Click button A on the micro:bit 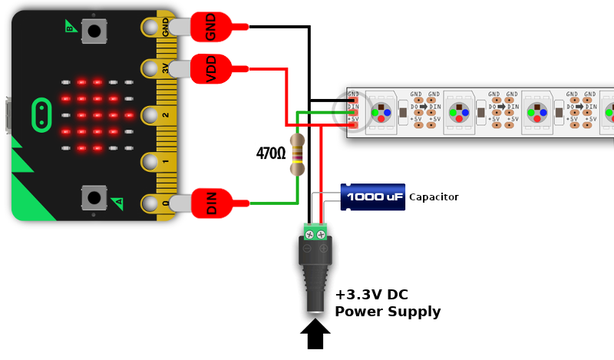pyautogui.click(x=94, y=197)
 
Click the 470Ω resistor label pyautogui.click(x=271, y=154)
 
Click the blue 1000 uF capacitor pyautogui.click(x=373, y=197)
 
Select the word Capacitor pyautogui.click(x=434, y=197)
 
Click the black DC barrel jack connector pyautogui.click(x=315, y=272)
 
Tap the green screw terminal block pyautogui.click(x=315, y=232)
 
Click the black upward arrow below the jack pyautogui.click(x=315, y=333)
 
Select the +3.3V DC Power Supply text pyautogui.click(x=388, y=303)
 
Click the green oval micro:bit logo pyautogui.click(x=41, y=114)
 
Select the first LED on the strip pyautogui.click(x=381, y=112)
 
